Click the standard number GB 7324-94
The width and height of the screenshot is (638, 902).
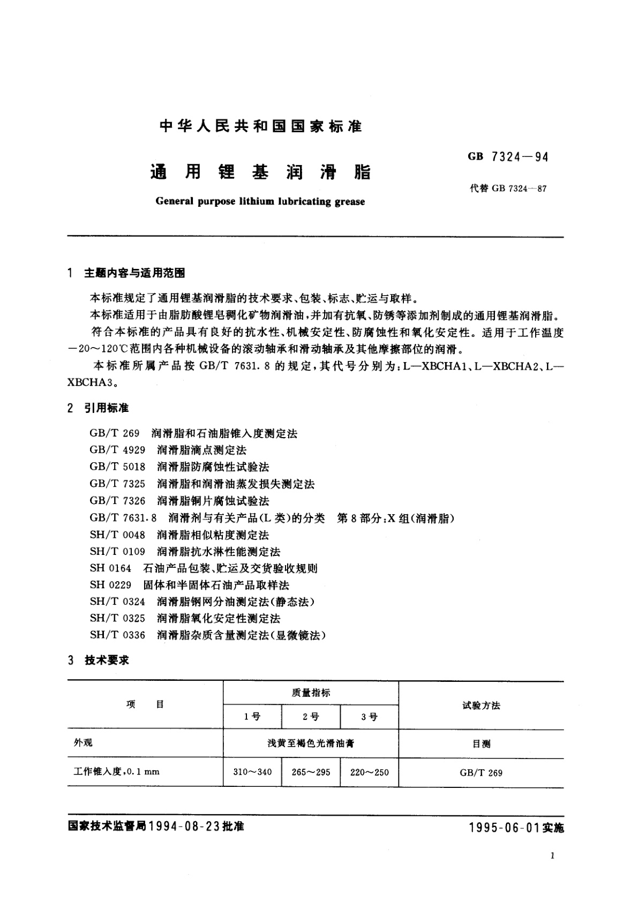(508, 157)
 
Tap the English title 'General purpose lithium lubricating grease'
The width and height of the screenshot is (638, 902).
(260, 202)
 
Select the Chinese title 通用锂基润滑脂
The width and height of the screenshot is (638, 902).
(260, 172)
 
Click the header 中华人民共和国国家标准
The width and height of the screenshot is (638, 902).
(261, 126)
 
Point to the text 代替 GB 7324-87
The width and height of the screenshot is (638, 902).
(508, 189)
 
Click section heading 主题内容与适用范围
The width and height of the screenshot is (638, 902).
(134, 273)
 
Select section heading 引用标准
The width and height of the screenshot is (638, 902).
(107, 408)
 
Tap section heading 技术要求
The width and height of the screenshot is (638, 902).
(107, 660)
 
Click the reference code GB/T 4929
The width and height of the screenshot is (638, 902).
(117, 450)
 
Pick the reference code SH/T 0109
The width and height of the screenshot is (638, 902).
(117, 552)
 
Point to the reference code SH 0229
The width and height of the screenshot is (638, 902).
(110, 585)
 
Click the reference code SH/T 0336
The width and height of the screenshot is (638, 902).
(117, 635)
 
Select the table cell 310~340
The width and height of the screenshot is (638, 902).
(252, 772)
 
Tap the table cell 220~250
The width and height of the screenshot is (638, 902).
(370, 772)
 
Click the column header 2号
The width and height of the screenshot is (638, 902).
(311, 717)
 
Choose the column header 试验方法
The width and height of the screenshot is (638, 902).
(481, 705)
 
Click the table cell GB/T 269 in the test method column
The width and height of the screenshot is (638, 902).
(481, 772)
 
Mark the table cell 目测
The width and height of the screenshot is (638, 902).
(481, 744)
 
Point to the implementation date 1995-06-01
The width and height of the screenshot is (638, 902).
(503, 828)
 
